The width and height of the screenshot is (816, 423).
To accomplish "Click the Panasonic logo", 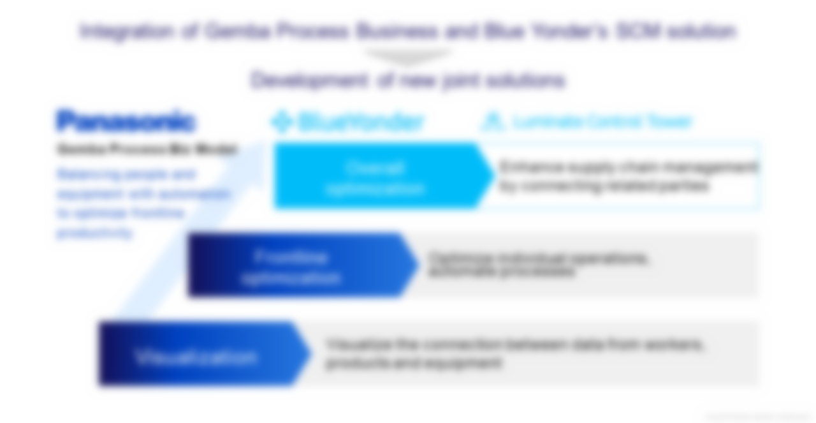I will pos(125,121).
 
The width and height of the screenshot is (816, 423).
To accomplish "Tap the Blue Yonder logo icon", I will pos(281,122).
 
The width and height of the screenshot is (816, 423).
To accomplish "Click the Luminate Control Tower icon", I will pos(492,122).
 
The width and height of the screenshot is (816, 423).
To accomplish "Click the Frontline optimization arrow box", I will pos(293,265).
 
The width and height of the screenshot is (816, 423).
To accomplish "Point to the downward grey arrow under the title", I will pos(408,56).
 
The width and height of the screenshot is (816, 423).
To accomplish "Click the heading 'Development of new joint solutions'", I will pos(408,80).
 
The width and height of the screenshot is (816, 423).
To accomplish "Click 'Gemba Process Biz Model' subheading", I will pos(147,149).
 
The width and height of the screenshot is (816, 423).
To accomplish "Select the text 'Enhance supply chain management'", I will pos(628,167).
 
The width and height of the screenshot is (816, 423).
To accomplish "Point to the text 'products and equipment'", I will pos(414,363).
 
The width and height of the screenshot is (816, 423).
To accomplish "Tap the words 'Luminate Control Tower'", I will pos(602,121).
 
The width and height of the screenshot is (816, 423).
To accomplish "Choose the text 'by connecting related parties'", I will pos(604,186).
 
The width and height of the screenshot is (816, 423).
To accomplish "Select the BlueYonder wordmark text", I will pos(360,122).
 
